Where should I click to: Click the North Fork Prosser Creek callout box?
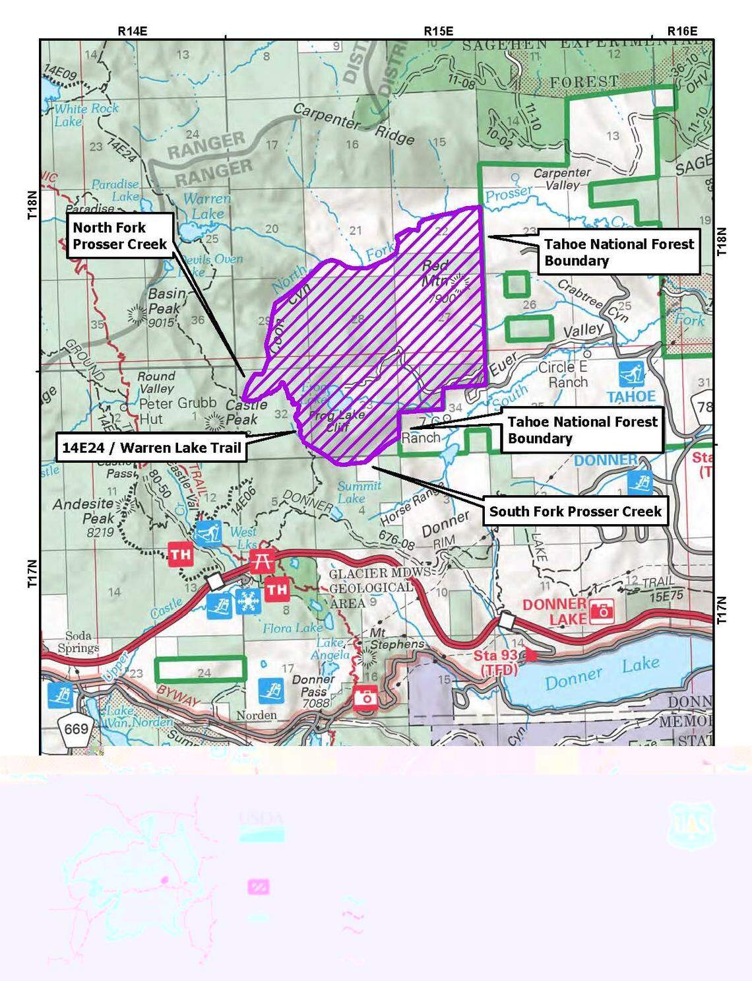point(120,236)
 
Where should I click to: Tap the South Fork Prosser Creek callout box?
point(575,512)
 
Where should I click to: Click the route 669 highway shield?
point(76,729)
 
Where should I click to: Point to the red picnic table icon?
point(262,560)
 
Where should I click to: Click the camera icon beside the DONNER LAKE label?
point(602,611)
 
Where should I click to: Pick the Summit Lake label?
point(358,492)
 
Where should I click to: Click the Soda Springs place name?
point(78,642)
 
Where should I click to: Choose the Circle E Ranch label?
point(563,374)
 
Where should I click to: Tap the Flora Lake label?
point(292,628)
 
